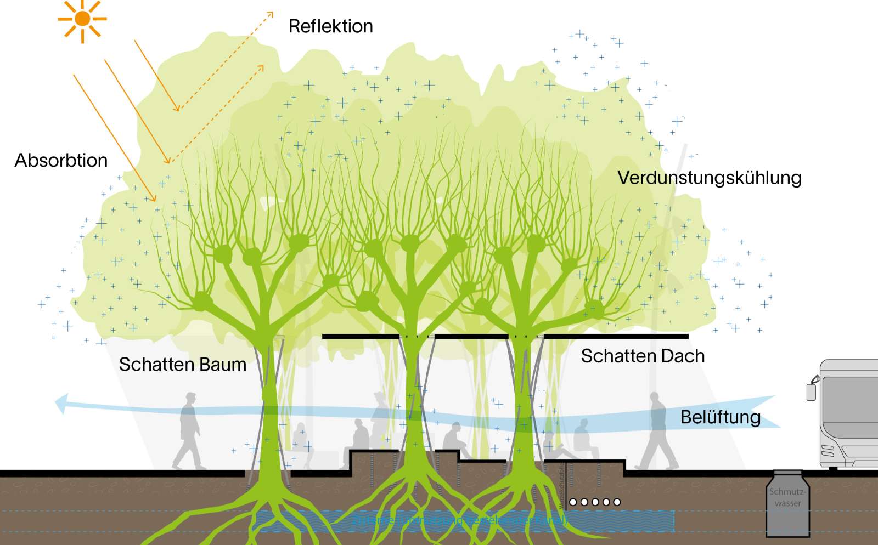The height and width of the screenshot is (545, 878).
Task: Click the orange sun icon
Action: [82, 19]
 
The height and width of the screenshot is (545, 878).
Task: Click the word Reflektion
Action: [330, 26]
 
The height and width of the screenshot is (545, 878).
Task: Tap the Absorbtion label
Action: [61, 161]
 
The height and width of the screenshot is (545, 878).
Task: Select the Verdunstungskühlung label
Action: [709, 178]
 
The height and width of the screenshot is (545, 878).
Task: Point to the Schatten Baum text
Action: [182, 365]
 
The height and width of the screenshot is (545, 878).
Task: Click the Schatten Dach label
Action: [643, 356]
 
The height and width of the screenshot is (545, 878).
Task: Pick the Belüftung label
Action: [720, 417]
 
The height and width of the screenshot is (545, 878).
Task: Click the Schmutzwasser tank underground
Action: [788, 504]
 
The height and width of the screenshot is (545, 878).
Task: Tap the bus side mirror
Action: [811, 391]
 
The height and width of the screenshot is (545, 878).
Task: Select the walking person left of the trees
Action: [188, 431]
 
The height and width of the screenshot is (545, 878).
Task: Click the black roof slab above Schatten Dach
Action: [615, 337]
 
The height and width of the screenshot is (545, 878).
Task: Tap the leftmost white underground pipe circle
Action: [573, 502]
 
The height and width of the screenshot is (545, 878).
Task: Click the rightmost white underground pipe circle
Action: [617, 502]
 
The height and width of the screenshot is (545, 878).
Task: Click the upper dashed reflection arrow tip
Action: [271, 14]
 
